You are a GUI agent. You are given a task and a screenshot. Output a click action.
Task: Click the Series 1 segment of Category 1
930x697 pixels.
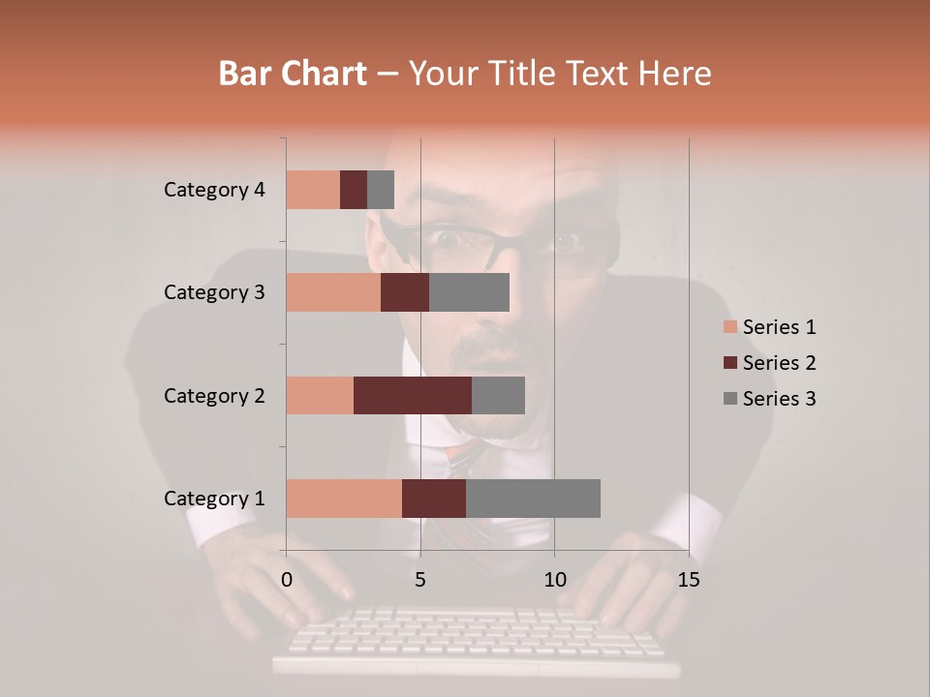(x=344, y=499)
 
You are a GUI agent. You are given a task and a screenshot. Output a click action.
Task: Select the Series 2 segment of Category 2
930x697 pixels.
(x=413, y=395)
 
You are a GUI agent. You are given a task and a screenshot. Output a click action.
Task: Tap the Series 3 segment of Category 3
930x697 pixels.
(x=469, y=292)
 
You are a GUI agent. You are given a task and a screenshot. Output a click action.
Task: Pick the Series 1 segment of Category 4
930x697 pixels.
(x=313, y=190)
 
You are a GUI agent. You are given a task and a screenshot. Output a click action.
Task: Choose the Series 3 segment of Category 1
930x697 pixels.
(x=533, y=499)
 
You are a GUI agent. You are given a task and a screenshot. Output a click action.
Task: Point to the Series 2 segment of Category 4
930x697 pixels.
(x=354, y=190)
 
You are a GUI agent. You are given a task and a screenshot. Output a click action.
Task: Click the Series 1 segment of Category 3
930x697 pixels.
(x=333, y=292)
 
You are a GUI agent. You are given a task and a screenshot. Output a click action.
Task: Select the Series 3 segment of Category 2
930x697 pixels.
(x=498, y=395)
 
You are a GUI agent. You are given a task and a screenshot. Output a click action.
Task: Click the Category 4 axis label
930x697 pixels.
(x=214, y=190)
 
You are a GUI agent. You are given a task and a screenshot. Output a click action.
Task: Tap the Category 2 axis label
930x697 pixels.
(x=214, y=395)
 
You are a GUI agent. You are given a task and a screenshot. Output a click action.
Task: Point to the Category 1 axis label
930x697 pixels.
(x=214, y=499)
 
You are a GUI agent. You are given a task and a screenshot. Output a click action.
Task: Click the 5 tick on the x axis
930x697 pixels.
(x=420, y=580)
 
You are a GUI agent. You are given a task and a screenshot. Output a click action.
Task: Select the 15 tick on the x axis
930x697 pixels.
(x=688, y=580)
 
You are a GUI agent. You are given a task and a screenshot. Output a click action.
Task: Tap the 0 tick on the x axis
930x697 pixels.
(x=287, y=580)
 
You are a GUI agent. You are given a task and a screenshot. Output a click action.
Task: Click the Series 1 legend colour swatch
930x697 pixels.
(x=730, y=327)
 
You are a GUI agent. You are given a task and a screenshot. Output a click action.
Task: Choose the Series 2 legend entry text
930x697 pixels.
(x=779, y=363)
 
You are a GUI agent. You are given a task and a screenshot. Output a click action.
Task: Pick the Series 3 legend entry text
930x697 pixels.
(x=779, y=399)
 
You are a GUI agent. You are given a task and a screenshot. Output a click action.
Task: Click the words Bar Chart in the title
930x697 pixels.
(x=293, y=74)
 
